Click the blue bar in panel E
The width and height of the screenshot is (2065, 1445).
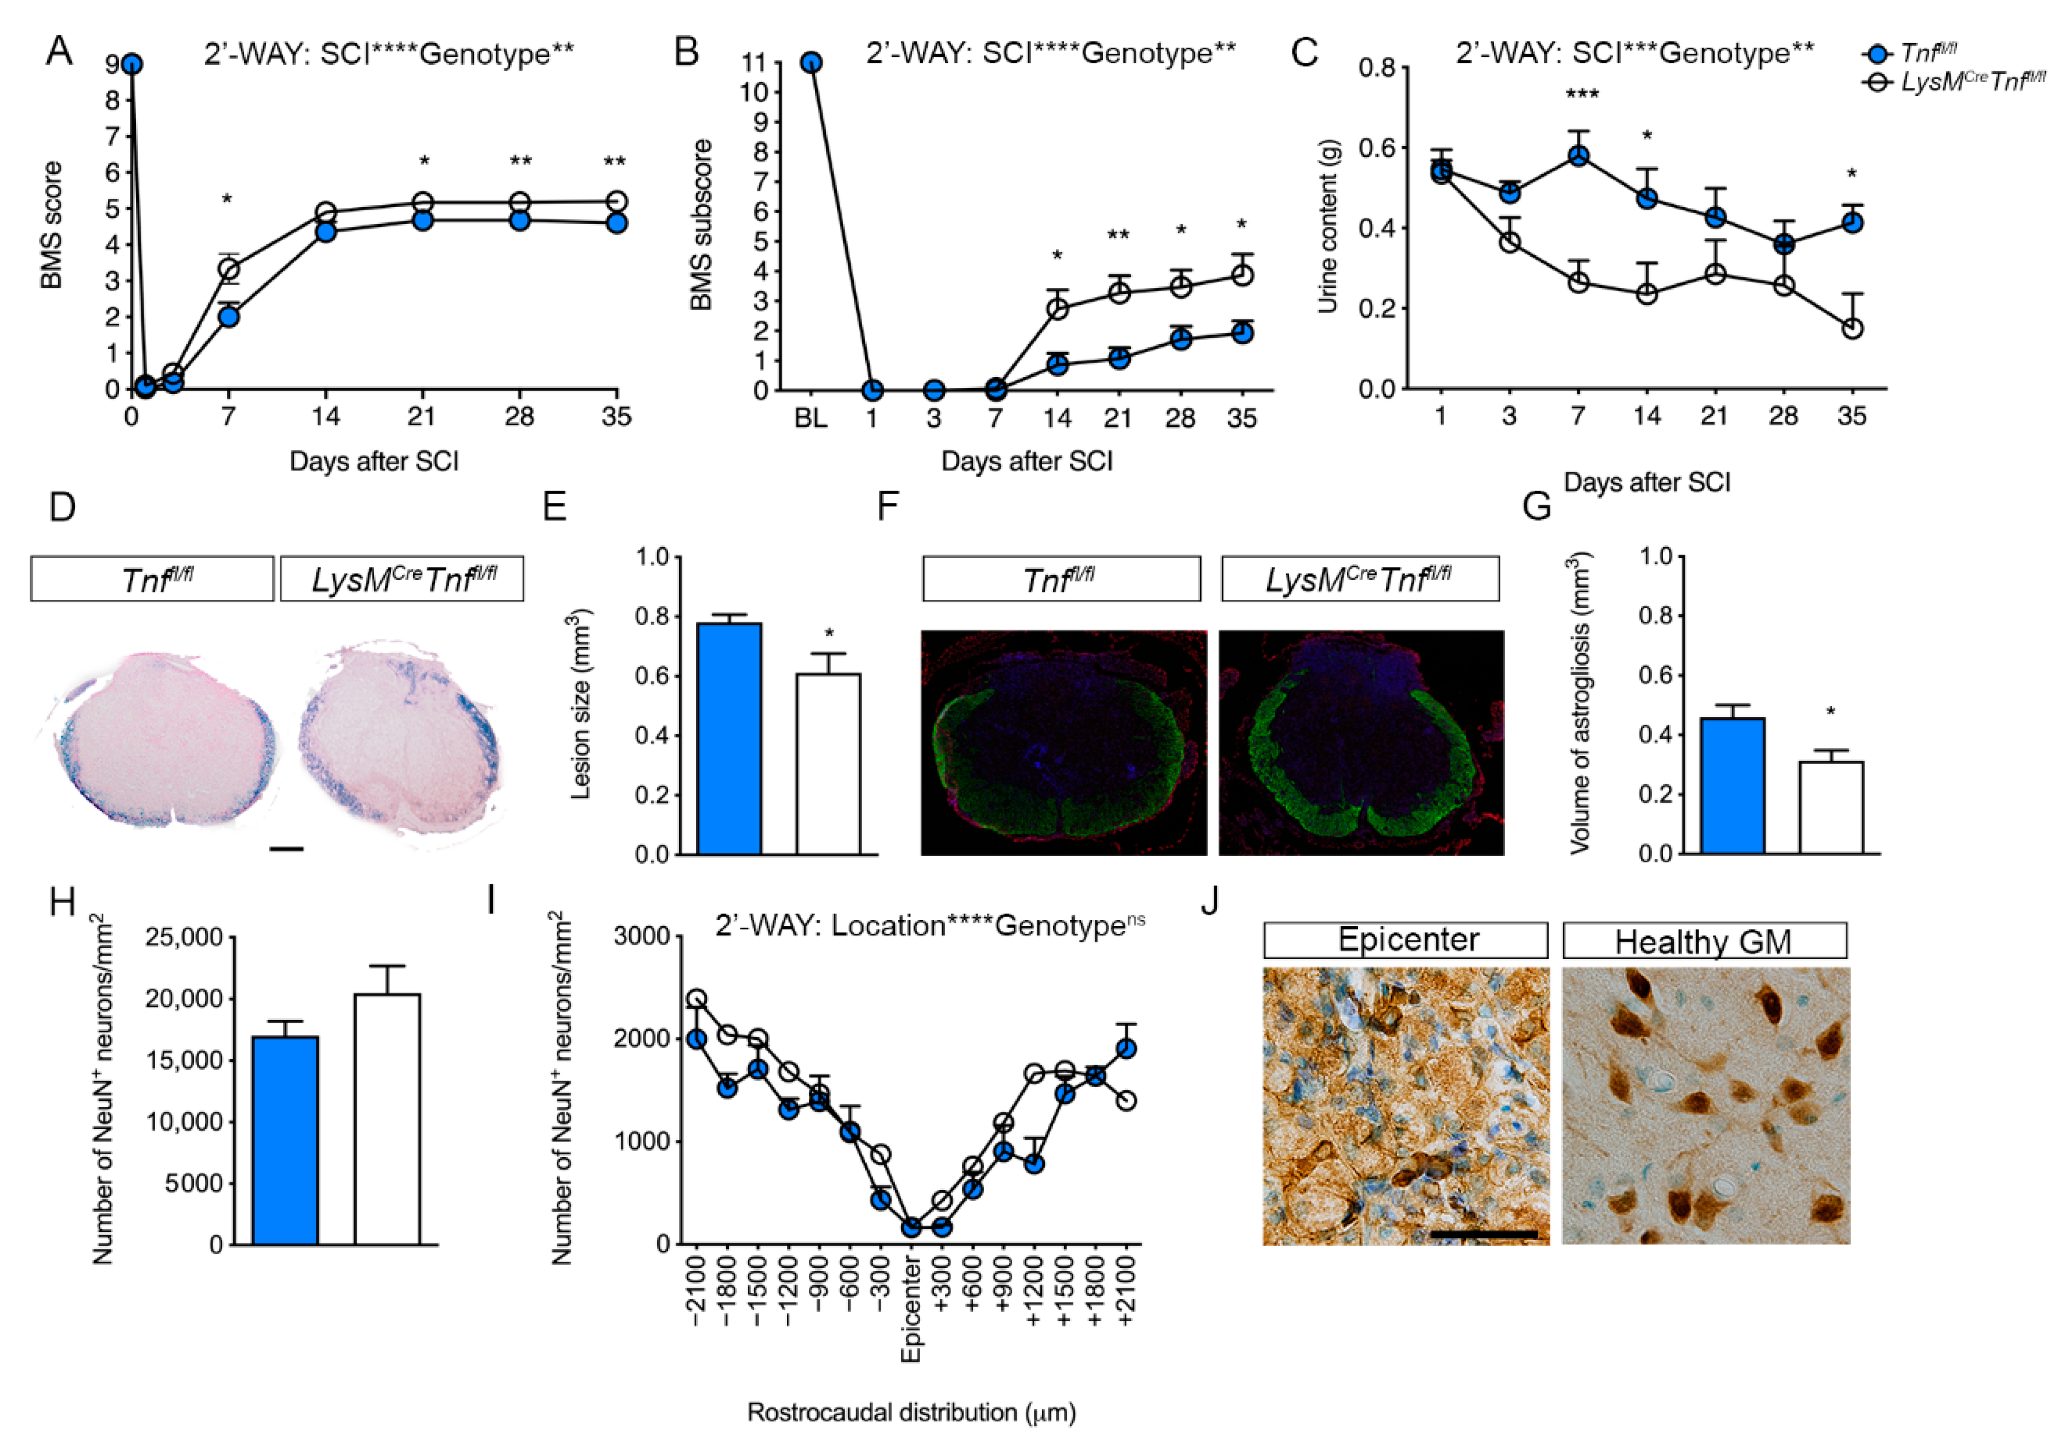tap(729, 738)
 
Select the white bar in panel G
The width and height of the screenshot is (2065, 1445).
tap(1830, 807)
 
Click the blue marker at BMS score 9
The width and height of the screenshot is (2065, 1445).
tap(132, 64)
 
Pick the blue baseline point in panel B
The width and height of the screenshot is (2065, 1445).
tap(811, 62)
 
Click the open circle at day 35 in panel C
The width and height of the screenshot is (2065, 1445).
tap(1852, 329)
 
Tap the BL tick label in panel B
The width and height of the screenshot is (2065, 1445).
tap(810, 418)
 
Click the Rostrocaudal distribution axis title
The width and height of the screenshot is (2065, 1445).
tap(911, 1412)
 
